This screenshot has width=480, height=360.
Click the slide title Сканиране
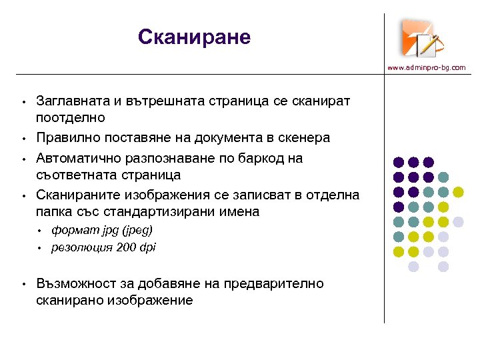tap(194, 37)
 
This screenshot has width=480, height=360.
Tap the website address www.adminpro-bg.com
tap(427, 68)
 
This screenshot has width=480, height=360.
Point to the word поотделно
tap(71, 117)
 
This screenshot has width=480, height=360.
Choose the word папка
tap(54, 212)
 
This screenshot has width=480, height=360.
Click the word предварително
tap(273, 284)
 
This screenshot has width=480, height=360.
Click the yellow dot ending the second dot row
tap(458, 192)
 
